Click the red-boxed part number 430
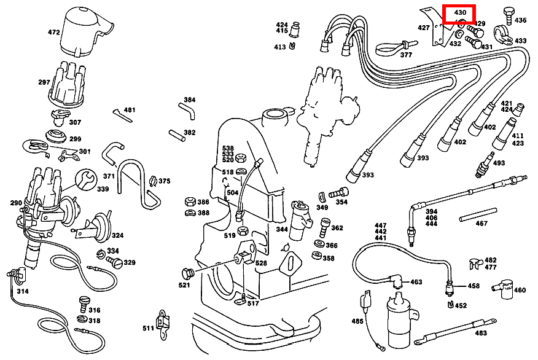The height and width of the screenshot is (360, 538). tap(460, 12)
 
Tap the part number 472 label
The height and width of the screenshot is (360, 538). tap(54, 31)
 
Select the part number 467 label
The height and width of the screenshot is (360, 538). tap(481, 224)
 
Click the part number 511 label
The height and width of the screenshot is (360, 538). tap(148, 328)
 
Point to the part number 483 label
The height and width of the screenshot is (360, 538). tap(480, 333)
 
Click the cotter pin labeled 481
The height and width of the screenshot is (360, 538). tap(120, 114)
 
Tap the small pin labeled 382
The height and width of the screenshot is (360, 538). tap(174, 133)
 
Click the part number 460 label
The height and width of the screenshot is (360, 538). tap(520, 290)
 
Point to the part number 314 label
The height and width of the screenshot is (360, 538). tap(22, 291)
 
